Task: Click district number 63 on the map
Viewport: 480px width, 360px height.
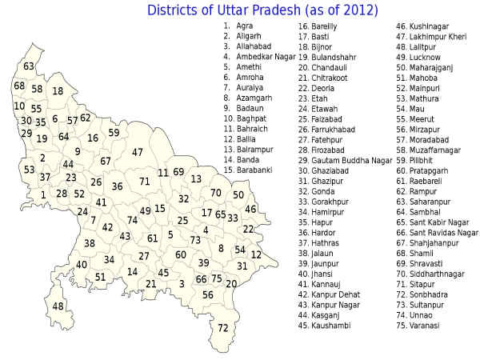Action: pyautogui.click(x=29, y=66)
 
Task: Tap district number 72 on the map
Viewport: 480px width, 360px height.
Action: pyautogui.click(x=223, y=328)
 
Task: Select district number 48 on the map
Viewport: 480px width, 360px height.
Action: pyautogui.click(x=58, y=306)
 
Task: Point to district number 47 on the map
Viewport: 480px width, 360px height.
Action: pyautogui.click(x=138, y=152)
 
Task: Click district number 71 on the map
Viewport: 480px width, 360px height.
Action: pyautogui.click(x=144, y=182)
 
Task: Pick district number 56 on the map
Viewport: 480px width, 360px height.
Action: pyautogui.click(x=208, y=294)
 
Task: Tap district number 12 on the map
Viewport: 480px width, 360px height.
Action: pyautogui.click(x=256, y=254)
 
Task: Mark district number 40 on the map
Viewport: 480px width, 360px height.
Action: pyautogui.click(x=82, y=265)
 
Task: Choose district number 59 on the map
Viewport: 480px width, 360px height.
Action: pyautogui.click(x=114, y=133)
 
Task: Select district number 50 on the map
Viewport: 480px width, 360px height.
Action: pyautogui.click(x=238, y=195)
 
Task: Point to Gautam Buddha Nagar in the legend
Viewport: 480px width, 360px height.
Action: pyautogui.click(x=346, y=161)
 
